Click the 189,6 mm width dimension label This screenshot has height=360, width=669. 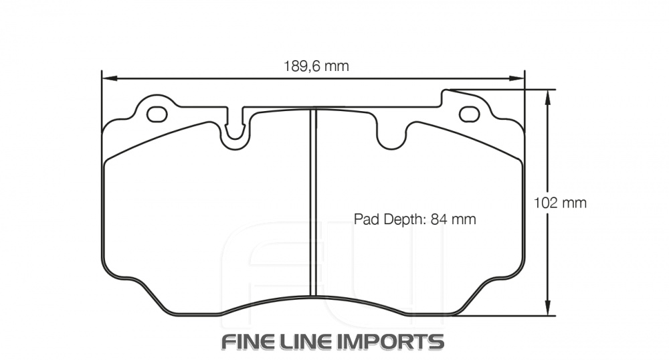[x=316, y=66]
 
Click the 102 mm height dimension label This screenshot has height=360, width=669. [x=561, y=203]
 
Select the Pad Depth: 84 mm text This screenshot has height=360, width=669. [x=414, y=219]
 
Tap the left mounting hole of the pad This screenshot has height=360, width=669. [x=157, y=114]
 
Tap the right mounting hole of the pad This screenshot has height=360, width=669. [x=469, y=114]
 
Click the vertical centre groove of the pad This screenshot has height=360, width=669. [x=312, y=201]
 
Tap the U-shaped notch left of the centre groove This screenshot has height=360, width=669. [x=235, y=131]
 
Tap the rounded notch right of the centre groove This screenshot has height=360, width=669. [x=393, y=137]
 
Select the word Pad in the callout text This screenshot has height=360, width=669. [x=365, y=219]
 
